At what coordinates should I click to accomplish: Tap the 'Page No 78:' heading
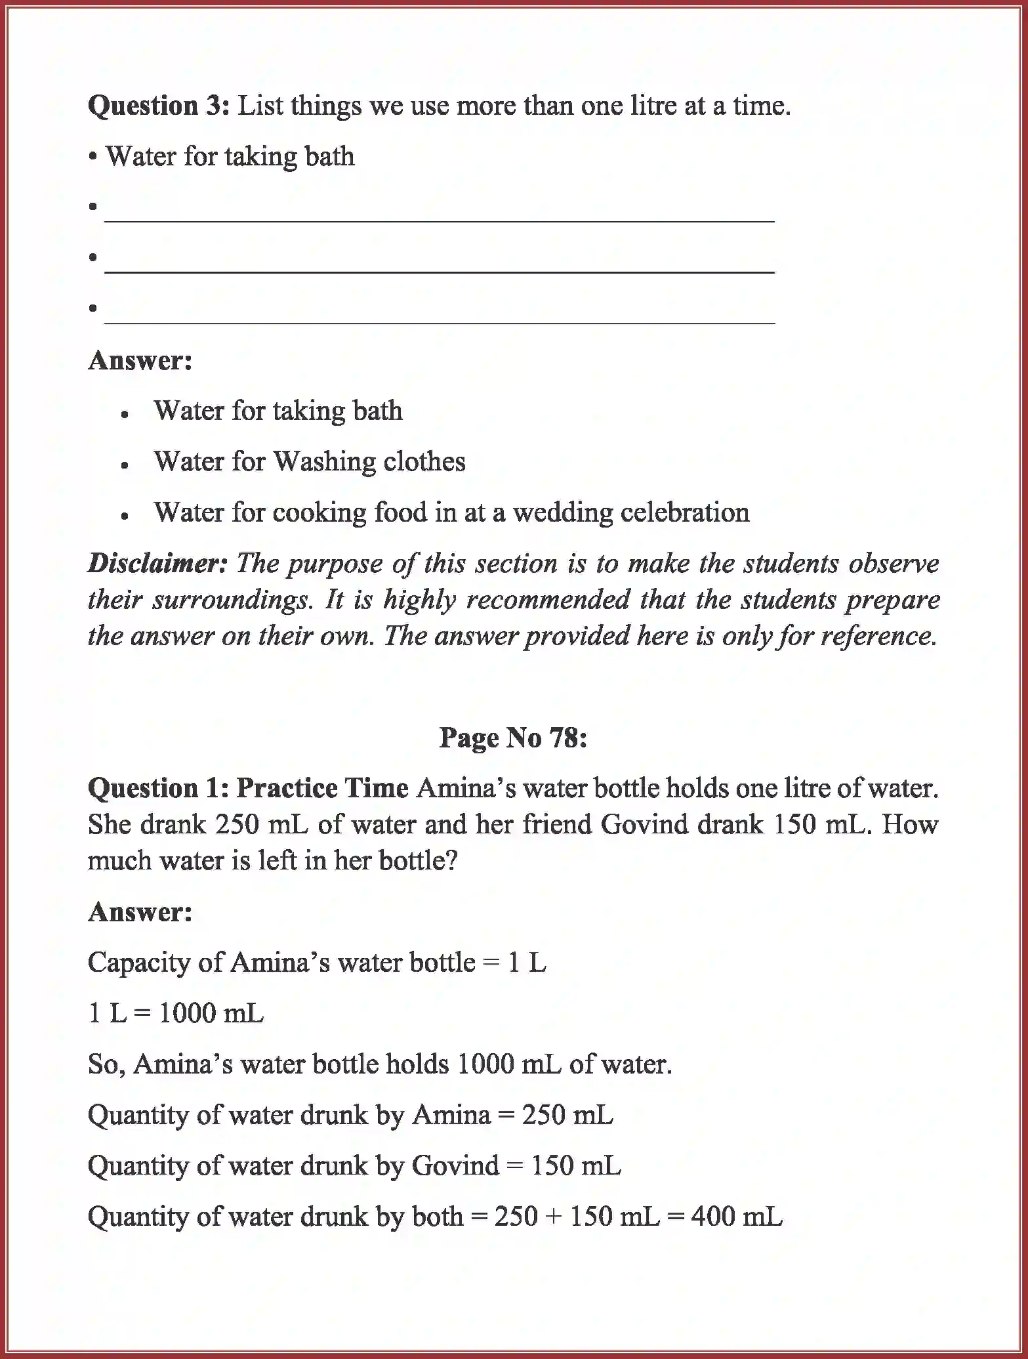tap(513, 738)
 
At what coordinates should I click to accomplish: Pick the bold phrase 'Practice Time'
tap(322, 788)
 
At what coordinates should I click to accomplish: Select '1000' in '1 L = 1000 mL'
tap(186, 1013)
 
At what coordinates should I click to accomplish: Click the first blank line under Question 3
tap(440, 217)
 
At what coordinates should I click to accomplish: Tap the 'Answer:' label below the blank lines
tap(140, 360)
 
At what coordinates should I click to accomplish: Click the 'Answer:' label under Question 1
tap(140, 911)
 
